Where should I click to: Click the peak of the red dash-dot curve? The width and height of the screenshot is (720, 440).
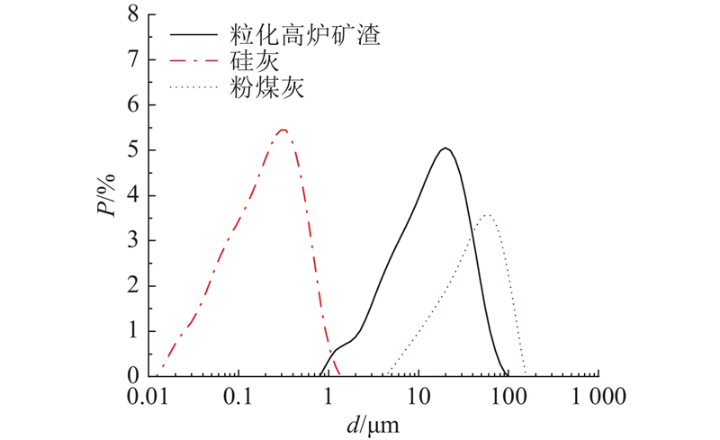click(283, 130)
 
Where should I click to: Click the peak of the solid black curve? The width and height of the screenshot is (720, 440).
click(445, 148)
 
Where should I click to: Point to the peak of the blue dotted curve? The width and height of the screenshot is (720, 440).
click(487, 215)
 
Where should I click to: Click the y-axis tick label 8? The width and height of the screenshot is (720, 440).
click(133, 15)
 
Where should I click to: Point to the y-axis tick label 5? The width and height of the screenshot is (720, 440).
click(133, 150)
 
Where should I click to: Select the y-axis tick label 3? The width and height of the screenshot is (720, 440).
click(133, 240)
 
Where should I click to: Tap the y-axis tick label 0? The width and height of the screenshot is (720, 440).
click(133, 375)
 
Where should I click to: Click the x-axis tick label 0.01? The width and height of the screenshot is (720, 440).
click(149, 395)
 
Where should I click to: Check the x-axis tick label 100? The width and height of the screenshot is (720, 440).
click(509, 395)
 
